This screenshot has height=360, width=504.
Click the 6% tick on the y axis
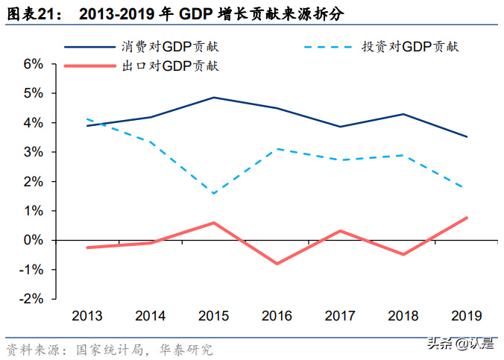pyautogui.click(x=34, y=64)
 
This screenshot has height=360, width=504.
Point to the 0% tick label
pyautogui.click(x=34, y=240)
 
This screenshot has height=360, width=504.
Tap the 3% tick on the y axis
pyautogui.click(x=34, y=152)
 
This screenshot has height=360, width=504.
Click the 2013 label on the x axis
pyautogui.click(x=86, y=315)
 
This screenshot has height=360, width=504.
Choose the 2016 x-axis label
pyautogui.click(x=277, y=315)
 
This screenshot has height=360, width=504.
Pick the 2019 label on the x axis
pyautogui.click(x=467, y=315)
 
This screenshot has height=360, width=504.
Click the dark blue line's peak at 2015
pyautogui.click(x=213, y=98)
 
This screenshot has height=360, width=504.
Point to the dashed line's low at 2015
pyautogui.click(x=213, y=194)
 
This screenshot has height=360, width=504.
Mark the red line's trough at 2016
pyautogui.click(x=277, y=263)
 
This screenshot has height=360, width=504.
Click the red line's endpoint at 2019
pyautogui.click(x=467, y=218)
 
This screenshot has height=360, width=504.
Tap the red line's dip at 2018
pyautogui.click(x=403, y=254)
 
